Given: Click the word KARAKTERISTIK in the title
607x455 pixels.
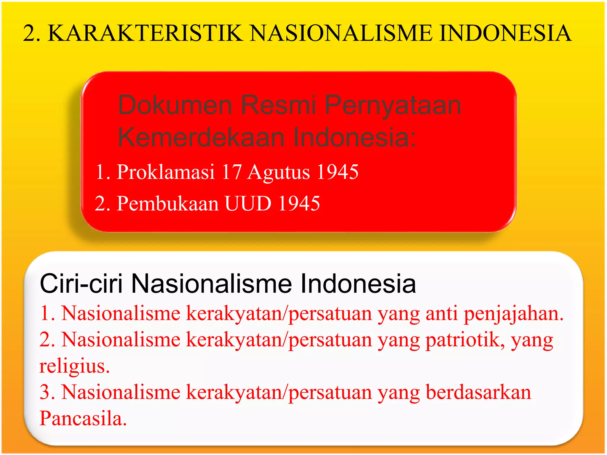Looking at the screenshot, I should [x=145, y=33].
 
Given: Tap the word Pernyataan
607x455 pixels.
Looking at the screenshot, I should [x=393, y=106].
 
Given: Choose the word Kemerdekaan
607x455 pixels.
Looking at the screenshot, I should [x=202, y=137].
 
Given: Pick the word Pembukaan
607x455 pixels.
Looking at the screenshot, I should [x=168, y=204].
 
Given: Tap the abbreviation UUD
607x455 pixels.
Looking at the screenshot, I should [x=248, y=204].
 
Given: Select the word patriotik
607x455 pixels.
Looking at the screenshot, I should [x=465, y=340].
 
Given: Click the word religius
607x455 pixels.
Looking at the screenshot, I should [x=74, y=367].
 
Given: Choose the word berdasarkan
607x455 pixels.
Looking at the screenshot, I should [x=478, y=392].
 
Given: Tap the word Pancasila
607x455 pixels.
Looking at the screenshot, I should [x=83, y=419].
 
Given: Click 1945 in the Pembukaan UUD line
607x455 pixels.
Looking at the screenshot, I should [x=299, y=204].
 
